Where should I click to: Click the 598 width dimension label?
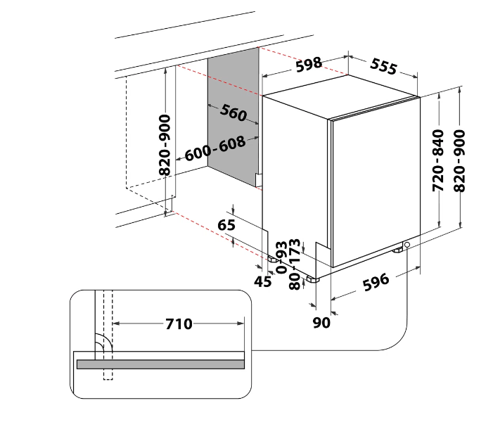[x=309, y=65]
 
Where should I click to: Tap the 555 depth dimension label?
[x=383, y=66]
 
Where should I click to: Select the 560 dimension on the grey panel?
[x=233, y=113]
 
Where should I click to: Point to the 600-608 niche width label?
[x=215, y=148]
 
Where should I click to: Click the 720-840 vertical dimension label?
[x=438, y=160]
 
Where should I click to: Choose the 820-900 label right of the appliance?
[x=459, y=160]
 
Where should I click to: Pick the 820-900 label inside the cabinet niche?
[x=165, y=145]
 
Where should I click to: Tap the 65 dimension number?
[x=226, y=225]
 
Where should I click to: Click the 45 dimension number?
[x=263, y=281]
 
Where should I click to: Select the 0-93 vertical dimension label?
[x=281, y=257]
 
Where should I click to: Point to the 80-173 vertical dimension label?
[x=295, y=264]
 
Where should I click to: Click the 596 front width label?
[x=376, y=282]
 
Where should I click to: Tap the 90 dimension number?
[x=321, y=323]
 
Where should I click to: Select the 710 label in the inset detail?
[x=179, y=324]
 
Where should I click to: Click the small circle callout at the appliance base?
[x=407, y=244]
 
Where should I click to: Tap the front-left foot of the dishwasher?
[x=313, y=279]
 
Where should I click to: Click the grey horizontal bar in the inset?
[x=160, y=364]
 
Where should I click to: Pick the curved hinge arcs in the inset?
[x=103, y=342]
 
